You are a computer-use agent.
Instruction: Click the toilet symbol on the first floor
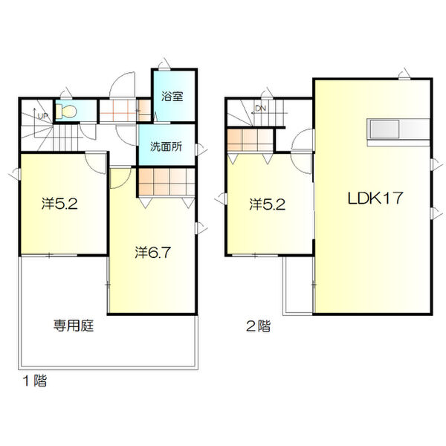pos(66,111)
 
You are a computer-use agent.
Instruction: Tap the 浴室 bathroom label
pos(172,96)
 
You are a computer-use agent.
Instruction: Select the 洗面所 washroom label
pos(166,146)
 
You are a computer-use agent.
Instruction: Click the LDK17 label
pos(375,198)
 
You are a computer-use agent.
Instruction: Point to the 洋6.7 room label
pos(152,252)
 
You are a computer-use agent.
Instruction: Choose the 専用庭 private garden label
pos(74,326)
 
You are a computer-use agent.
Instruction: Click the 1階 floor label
pos(35,381)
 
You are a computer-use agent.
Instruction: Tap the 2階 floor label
pos(258,326)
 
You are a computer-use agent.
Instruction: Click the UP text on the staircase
pos(42,116)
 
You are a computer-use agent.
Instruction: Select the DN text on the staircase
pos(261,109)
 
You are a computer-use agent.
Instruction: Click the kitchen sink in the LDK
pos(384,129)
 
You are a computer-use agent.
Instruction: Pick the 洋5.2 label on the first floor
pos(59,204)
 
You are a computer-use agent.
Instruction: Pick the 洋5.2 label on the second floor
pos(268,204)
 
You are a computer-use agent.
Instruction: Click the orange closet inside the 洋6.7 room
pos(167,182)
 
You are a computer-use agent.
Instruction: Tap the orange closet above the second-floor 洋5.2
pos(251,140)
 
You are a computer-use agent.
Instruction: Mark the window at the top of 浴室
pos(164,65)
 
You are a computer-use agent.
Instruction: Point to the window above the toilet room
pos(66,94)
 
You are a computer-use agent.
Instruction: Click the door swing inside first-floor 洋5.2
pos(96,164)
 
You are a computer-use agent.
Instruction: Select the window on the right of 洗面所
pos(200,149)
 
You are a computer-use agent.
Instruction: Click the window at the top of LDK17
pos(404,74)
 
